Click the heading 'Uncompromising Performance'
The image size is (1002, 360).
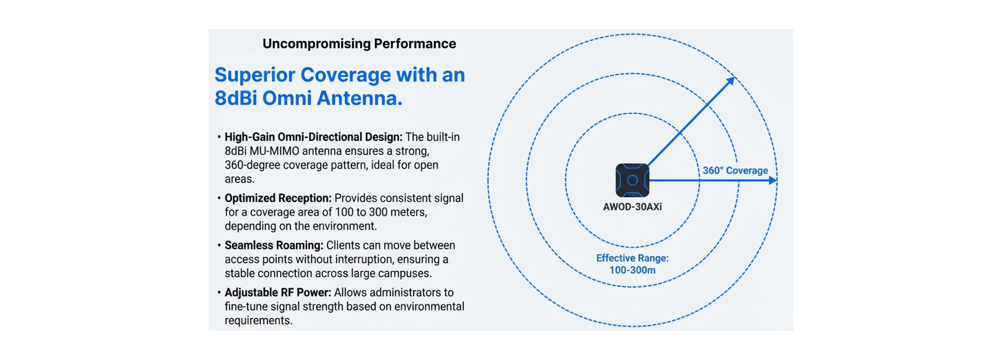pos(359,44)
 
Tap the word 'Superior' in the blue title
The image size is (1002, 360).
pos(255,75)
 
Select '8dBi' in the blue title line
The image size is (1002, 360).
pos(235,98)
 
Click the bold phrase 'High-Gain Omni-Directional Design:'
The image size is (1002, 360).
pos(313,137)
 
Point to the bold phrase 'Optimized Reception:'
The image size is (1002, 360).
pos(278,198)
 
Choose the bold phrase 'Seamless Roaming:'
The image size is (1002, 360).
pos(273,245)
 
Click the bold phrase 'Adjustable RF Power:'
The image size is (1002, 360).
pos(278,293)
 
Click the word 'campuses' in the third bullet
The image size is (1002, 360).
pos(405,273)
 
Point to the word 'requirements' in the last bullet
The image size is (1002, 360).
pos(258,321)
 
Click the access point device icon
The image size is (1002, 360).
pos(632,181)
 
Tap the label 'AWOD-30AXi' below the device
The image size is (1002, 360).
pos(632,207)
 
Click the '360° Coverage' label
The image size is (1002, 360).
pos(735,171)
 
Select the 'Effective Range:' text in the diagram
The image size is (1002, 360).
pos(632,258)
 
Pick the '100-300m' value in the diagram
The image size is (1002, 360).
pos(632,270)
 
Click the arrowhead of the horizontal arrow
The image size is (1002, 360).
pos(773,181)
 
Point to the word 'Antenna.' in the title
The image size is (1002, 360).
pos(360,98)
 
